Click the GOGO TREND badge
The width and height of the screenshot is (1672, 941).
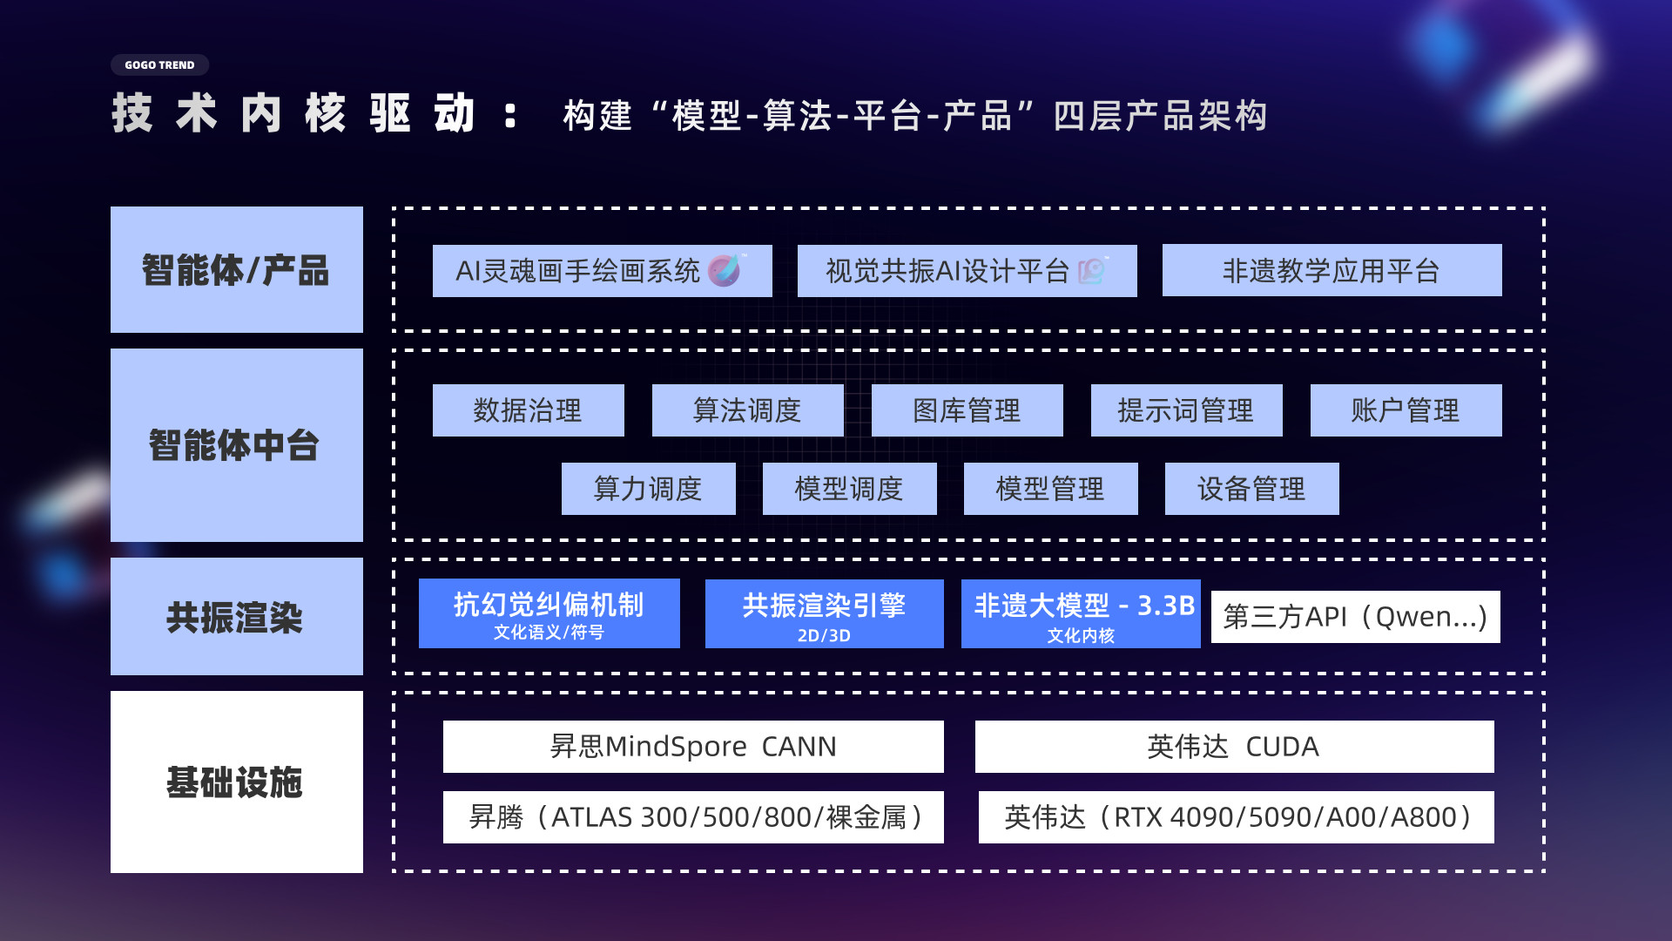pyautogui.click(x=159, y=65)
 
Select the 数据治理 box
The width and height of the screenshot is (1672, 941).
pyautogui.click(x=529, y=410)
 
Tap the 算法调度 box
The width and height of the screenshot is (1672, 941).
pyautogui.click(x=748, y=410)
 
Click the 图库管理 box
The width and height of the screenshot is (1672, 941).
pyautogui.click(x=967, y=410)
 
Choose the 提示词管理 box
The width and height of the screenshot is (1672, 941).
pyautogui.click(x=1187, y=410)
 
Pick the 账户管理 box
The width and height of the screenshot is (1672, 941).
pyautogui.click(x=1406, y=410)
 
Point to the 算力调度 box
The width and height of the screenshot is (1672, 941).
pyautogui.click(x=649, y=489)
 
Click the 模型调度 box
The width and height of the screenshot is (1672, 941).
pyautogui.click(x=850, y=489)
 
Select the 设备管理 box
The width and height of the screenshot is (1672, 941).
pyautogui.click(x=1252, y=489)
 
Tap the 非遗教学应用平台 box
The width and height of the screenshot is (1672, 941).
pyautogui.click(x=1332, y=270)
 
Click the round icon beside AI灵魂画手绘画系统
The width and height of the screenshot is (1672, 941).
pyautogui.click(x=725, y=270)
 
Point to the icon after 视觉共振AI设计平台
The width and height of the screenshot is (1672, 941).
pyautogui.click(x=1093, y=270)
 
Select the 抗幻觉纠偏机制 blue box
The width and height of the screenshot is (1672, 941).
pyautogui.click(x=549, y=613)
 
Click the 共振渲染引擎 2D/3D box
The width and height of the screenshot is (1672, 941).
pyautogui.click(x=825, y=613)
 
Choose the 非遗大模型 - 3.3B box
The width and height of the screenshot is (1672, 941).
pyautogui.click(x=1081, y=613)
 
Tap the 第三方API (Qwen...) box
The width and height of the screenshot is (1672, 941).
pyautogui.click(x=1356, y=617)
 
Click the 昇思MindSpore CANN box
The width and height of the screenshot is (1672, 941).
pyautogui.click(x=693, y=747)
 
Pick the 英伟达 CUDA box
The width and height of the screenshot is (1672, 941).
pyautogui.click(x=1235, y=747)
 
